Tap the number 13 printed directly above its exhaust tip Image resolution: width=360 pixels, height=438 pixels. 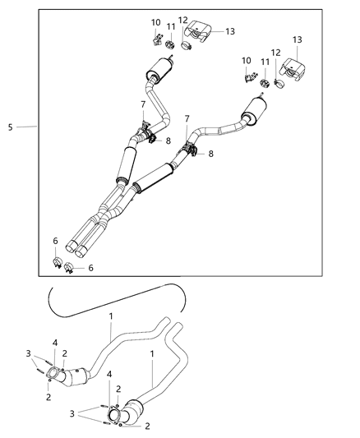tap(297, 40)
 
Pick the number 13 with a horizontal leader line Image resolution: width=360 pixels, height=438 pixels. tap(230, 31)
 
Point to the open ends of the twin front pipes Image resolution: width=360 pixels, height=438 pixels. tap(80, 247)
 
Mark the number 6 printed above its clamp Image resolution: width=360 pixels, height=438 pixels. tap(55, 241)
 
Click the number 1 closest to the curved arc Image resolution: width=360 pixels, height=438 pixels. tap(112, 315)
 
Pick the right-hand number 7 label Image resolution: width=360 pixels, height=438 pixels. tap(187, 119)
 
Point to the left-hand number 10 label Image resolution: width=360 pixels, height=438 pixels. tap(155, 22)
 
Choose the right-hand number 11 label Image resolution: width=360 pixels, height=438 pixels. tap(265, 62)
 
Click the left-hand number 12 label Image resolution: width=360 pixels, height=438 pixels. tap(182, 19)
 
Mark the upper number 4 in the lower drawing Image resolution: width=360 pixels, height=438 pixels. tap(55, 342)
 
